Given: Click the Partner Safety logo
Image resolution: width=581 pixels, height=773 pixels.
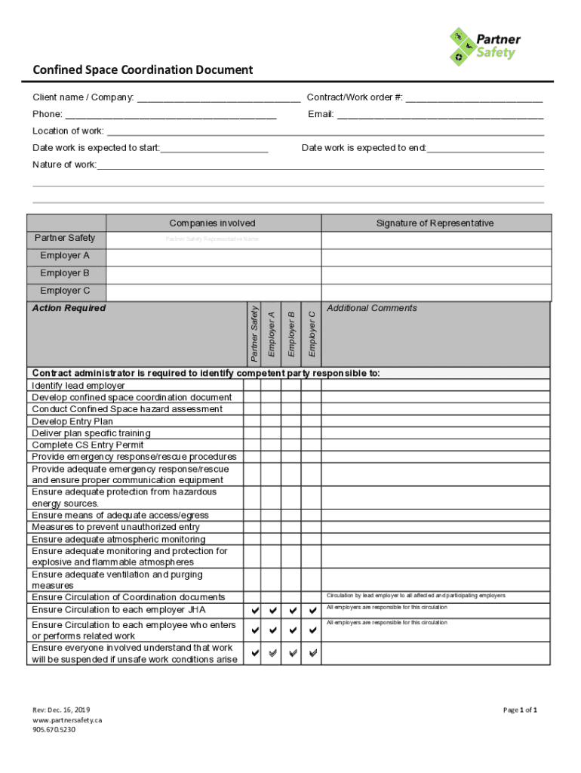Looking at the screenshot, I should point(485,45).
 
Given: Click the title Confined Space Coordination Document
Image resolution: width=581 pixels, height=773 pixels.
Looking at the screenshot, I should point(143,70).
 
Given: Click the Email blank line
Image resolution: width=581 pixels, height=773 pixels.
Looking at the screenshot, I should point(440,115).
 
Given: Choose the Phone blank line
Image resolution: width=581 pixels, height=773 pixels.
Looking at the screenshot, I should point(171,115).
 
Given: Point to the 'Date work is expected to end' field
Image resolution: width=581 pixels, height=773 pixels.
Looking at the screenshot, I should point(485,149).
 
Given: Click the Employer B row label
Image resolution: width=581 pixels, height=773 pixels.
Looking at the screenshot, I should point(65,273).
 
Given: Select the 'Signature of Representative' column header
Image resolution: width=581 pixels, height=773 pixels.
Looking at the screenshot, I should point(435,223).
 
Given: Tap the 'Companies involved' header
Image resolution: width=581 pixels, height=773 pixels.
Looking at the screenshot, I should point(212,223).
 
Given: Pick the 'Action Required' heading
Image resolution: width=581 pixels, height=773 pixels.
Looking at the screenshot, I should point(69,308).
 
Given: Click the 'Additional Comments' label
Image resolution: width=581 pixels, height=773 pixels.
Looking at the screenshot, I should point(372,308).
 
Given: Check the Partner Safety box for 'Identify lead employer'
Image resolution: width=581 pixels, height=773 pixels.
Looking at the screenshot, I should point(253,386).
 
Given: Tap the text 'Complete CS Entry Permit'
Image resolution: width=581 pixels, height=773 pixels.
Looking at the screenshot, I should point(88,445).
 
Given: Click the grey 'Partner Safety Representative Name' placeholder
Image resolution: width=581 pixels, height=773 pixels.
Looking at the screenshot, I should point(212,239).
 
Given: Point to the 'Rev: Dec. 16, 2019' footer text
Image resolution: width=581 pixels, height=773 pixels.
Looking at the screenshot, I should point(61,710).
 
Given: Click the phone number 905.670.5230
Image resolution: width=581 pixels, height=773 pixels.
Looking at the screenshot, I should point(54,729).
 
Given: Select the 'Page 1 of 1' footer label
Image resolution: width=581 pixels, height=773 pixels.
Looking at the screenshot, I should point(520,710).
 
